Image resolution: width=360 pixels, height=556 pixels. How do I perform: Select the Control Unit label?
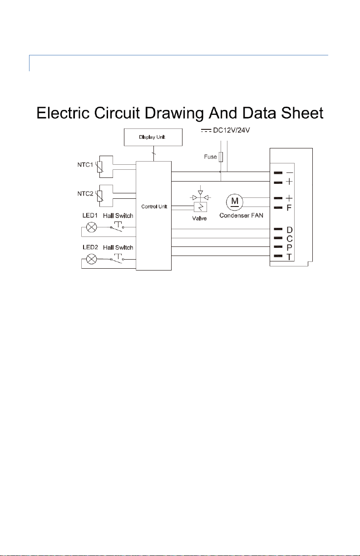(x=154, y=207)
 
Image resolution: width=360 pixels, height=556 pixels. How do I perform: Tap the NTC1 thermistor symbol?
(x=100, y=167)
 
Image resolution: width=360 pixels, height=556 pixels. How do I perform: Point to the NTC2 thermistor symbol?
(x=100, y=196)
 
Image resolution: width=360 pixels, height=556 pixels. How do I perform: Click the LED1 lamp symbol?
(x=91, y=227)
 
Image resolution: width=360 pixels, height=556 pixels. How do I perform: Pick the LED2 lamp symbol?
(x=91, y=259)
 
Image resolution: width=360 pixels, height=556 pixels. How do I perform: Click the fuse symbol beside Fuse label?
(x=221, y=157)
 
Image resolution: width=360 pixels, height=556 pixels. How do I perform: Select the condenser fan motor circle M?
(x=234, y=202)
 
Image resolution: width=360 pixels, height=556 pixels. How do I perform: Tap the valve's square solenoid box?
(x=200, y=207)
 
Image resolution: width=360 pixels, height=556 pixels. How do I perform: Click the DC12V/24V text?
(x=232, y=130)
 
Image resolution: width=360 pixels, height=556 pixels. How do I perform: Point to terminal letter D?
(x=290, y=230)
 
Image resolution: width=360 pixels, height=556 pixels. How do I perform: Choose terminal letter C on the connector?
(x=290, y=239)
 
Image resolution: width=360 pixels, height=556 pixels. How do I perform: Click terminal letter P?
(x=289, y=247)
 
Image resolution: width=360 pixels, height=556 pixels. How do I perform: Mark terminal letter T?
(x=289, y=257)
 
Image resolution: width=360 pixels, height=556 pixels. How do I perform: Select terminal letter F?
(x=289, y=208)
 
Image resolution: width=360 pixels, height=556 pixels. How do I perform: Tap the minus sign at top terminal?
(x=290, y=173)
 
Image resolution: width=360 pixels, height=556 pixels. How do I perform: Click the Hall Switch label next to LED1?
(x=118, y=216)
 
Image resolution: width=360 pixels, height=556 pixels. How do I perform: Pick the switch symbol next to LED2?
(x=117, y=259)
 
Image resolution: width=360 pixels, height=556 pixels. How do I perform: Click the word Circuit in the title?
(x=117, y=113)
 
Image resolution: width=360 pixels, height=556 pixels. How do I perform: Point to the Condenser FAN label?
(x=242, y=216)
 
